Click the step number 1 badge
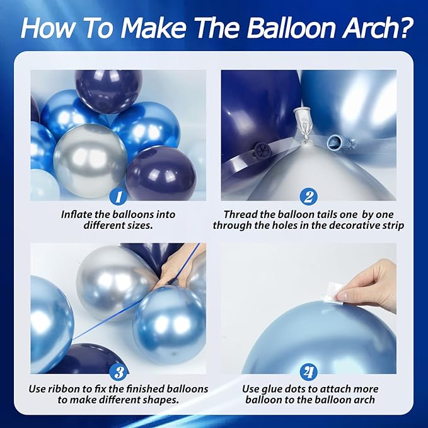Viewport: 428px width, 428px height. [x=119, y=197]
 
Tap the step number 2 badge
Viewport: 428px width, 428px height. [x=308, y=197]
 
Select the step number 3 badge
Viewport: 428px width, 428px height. [x=119, y=373]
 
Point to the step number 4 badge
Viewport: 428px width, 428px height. [x=308, y=373]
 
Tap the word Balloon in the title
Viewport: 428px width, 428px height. [x=291, y=28]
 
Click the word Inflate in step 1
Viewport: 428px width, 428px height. [x=76, y=214]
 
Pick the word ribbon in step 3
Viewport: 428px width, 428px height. [x=62, y=389]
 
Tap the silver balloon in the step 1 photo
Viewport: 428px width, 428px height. [x=90, y=161]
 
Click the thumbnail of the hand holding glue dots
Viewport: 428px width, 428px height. [x=308, y=308]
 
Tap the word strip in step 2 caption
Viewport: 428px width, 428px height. [x=391, y=226]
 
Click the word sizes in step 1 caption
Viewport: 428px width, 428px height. [x=141, y=226]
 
